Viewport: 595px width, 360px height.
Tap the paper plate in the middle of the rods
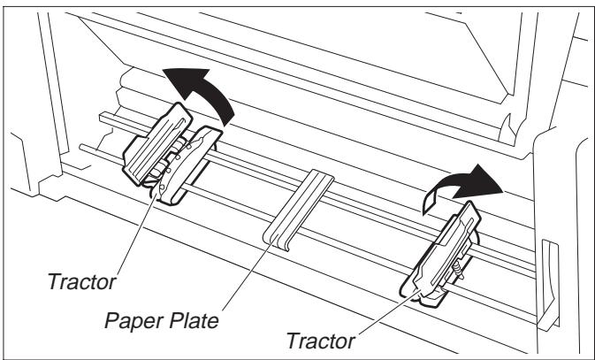[298, 212]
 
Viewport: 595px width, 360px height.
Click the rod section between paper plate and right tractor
[371, 221]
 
